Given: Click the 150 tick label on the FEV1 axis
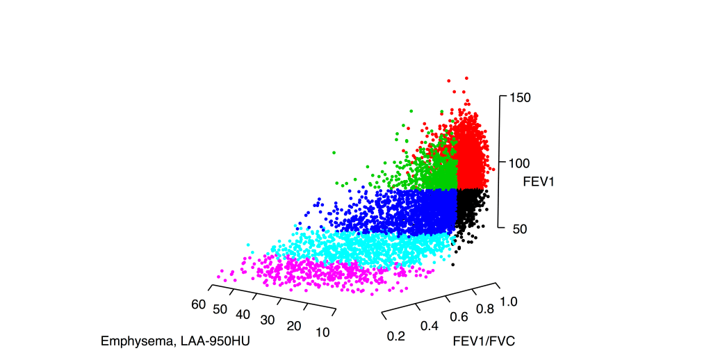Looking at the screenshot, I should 520,97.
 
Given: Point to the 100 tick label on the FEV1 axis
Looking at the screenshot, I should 520,163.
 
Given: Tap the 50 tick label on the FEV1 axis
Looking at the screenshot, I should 520,228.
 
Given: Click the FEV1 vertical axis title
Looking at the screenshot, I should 538,181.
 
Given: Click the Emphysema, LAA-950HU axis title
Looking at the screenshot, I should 175,341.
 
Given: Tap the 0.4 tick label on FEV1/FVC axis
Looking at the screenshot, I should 430,326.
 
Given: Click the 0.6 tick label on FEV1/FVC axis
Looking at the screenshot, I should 460,316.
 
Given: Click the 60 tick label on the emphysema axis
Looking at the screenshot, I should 199,304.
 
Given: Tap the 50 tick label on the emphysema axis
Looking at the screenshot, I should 221,309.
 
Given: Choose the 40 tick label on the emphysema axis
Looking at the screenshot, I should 243,315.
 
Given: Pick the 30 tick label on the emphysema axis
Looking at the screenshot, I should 268,320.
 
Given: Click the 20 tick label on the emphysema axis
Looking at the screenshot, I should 295,327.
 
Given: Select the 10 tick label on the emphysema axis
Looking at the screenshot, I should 322,332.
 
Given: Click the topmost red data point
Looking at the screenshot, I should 466,79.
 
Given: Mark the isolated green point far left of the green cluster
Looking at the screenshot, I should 334,152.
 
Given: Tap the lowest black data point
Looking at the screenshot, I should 452,264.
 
